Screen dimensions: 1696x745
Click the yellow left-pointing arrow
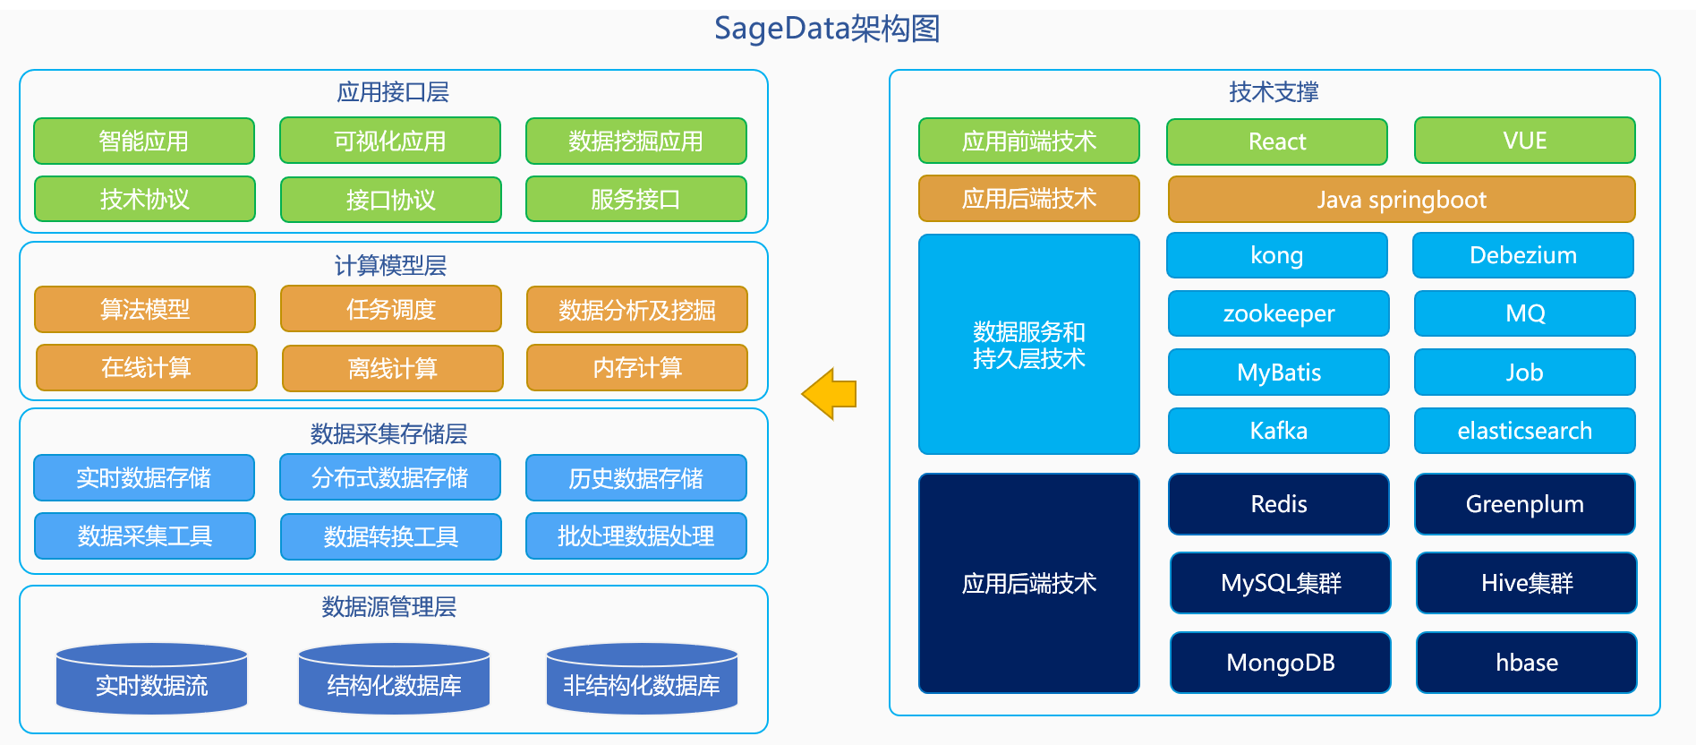click(829, 394)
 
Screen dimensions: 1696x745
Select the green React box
click(1277, 141)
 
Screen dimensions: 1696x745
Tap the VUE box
click(1525, 141)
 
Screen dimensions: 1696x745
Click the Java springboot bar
click(1402, 199)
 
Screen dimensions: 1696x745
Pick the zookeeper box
click(1279, 313)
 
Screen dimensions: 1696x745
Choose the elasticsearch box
click(1525, 431)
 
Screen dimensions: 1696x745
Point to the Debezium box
click(1523, 255)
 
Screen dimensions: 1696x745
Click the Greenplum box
click(1525, 504)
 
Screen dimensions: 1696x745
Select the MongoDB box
click(1281, 663)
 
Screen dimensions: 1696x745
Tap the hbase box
click(1527, 663)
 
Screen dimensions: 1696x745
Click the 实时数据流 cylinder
click(152, 679)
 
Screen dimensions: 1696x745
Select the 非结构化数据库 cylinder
click(642, 679)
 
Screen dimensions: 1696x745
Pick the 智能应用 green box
click(144, 141)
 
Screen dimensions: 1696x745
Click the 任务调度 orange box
click(391, 309)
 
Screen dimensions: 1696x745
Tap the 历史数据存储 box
click(636, 478)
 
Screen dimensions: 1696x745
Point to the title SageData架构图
click(827, 29)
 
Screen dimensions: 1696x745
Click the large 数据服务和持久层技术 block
click(1029, 345)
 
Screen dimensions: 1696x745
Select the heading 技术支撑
click(1274, 92)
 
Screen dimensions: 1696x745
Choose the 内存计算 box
click(637, 368)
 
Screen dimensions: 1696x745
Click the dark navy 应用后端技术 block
click(1029, 584)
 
